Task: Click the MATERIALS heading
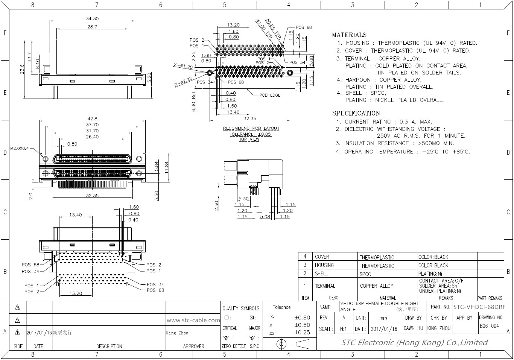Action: (x=349, y=35)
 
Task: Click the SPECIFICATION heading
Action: (x=356, y=113)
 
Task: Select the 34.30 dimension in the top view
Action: (x=92, y=18)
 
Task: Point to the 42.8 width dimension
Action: (x=92, y=119)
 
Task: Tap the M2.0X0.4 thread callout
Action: (x=20, y=148)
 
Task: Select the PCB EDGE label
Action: (x=270, y=95)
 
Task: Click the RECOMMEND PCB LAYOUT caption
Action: (x=251, y=129)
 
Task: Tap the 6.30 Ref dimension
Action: (x=193, y=102)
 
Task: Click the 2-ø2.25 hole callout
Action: (x=183, y=82)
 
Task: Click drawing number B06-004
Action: (x=489, y=326)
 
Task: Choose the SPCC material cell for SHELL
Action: (x=365, y=274)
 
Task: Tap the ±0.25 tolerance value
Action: (x=302, y=332)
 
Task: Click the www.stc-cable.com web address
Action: (x=193, y=320)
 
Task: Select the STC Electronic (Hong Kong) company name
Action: (x=414, y=343)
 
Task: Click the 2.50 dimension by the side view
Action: (x=217, y=206)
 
